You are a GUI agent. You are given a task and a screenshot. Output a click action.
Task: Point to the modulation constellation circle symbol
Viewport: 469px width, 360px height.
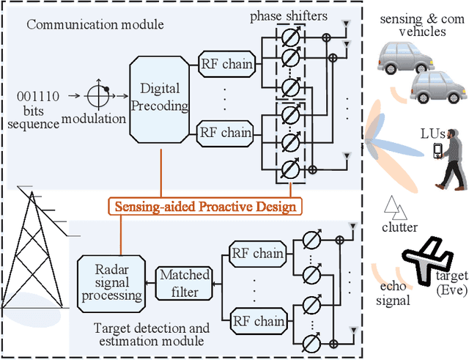pos(97,95)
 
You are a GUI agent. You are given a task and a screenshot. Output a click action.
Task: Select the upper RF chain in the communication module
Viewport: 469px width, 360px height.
pos(227,65)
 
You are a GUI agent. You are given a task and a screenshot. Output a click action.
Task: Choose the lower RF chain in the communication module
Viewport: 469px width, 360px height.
pos(227,133)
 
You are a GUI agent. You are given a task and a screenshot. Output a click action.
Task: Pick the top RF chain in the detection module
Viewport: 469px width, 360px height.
pos(256,254)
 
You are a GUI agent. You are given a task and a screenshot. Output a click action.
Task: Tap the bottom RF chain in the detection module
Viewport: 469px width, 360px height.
pos(256,321)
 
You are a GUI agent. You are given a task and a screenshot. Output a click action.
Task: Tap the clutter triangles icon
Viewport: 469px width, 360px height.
pos(396,208)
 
